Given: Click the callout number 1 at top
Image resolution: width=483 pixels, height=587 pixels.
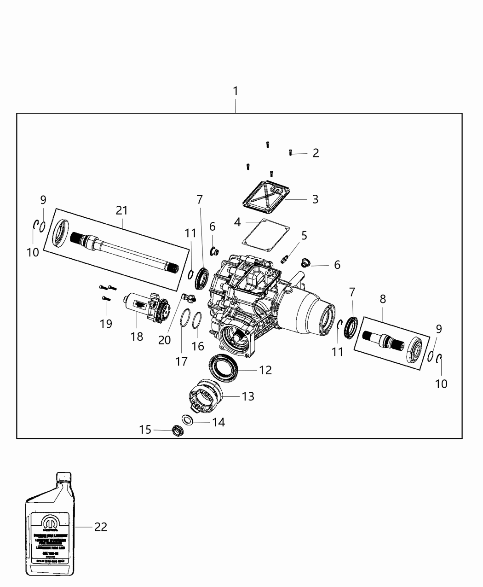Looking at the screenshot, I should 236,91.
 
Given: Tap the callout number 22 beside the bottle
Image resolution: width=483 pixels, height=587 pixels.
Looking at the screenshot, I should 100,527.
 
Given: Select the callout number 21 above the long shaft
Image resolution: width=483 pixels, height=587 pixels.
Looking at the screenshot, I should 121,210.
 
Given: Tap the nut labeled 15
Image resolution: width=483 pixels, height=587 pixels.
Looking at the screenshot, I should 177,431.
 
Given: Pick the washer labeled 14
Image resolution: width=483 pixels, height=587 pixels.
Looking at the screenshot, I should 188,419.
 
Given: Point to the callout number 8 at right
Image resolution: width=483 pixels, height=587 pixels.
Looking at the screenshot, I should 383,299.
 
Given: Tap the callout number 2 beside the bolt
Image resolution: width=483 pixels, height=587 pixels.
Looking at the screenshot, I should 316,153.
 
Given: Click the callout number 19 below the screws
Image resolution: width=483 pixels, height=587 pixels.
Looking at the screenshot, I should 106,324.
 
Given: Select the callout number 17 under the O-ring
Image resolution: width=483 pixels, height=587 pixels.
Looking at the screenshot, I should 181,361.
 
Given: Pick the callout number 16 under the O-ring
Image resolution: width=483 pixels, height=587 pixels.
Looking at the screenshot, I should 198,346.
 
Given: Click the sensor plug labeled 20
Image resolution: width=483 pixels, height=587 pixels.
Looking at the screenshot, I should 188,297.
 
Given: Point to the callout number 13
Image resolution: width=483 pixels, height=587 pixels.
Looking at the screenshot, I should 248,396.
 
